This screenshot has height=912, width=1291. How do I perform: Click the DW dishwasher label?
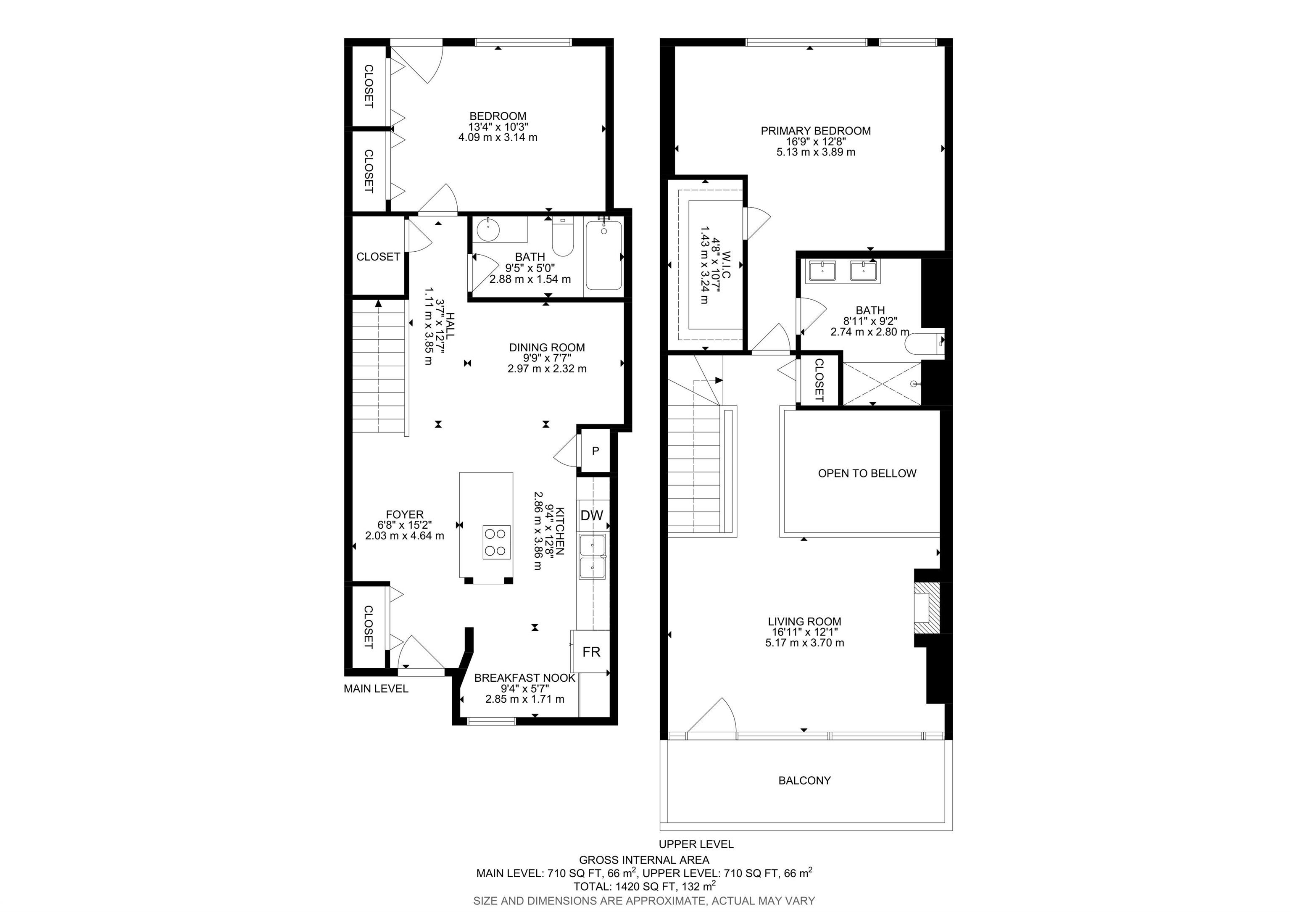click(592, 515)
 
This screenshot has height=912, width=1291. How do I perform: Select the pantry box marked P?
click(595, 451)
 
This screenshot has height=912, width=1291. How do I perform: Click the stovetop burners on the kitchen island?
click(496, 542)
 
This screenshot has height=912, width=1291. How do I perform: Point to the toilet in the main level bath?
click(562, 237)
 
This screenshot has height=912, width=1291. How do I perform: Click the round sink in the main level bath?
click(488, 229)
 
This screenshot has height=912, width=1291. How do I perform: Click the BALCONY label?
click(805, 780)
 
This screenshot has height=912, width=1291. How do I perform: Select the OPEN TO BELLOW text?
click(867, 473)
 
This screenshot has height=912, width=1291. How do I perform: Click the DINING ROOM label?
click(547, 348)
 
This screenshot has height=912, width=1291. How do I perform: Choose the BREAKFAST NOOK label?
click(524, 678)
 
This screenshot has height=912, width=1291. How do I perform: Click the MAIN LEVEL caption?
click(376, 689)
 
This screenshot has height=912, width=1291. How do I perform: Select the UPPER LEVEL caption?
click(696, 844)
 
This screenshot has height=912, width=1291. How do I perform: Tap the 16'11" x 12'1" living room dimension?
click(805, 632)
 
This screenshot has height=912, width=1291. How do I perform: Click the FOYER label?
click(405, 514)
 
